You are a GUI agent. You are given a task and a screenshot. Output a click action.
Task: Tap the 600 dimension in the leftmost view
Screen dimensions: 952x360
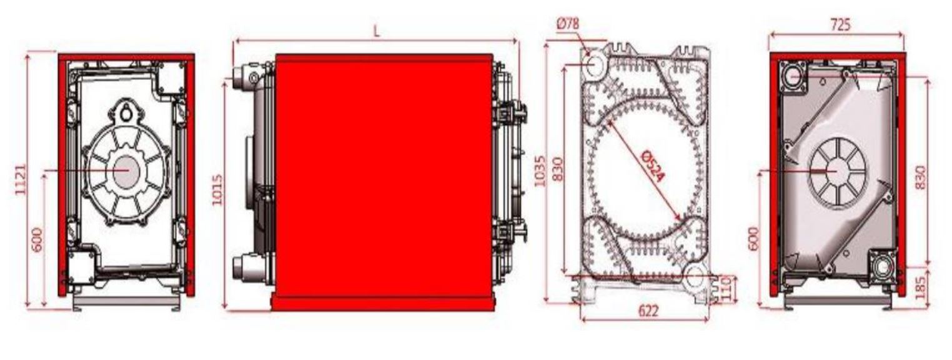(37, 240)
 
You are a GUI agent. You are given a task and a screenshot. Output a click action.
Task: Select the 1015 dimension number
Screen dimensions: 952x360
(217, 189)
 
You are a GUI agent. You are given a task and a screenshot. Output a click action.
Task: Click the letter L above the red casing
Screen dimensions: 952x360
(376, 31)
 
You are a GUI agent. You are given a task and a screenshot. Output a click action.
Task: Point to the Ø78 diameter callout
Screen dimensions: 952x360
(568, 23)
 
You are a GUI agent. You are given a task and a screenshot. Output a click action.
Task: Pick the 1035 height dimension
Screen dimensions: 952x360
(539, 171)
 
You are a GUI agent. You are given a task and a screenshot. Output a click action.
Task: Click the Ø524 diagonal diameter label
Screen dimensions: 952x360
(652, 166)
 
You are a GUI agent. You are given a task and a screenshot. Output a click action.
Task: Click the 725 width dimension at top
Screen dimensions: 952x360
(840, 25)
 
